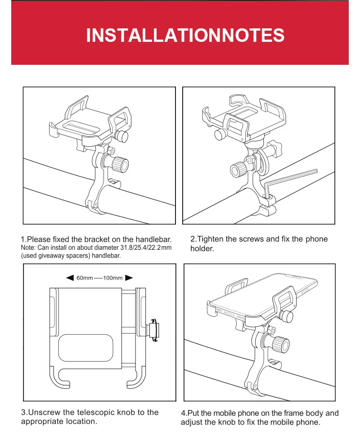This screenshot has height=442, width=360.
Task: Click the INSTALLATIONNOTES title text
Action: pyautogui.click(x=185, y=35)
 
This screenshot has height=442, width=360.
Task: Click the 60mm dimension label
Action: pyautogui.click(x=85, y=278)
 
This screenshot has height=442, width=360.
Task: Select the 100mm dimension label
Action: pyautogui.click(x=113, y=278)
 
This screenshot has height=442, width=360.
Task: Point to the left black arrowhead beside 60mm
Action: pyautogui.click(x=70, y=278)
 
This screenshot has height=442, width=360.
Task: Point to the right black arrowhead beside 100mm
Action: pyautogui.click(x=129, y=278)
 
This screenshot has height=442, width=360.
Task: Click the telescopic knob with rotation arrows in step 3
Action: pyautogui.click(x=153, y=330)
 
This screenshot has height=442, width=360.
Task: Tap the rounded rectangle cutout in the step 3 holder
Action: pyautogui.click(x=85, y=348)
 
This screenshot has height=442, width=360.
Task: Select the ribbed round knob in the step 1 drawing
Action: pyautogui.click(x=121, y=164)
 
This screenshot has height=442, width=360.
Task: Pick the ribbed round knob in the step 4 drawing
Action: pyautogui.click(x=281, y=344)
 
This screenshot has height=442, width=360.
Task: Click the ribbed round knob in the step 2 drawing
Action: pyautogui.click(x=238, y=170)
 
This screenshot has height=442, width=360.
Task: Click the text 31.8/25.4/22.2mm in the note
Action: pyautogui.click(x=146, y=248)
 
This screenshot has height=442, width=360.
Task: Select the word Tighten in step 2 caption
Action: pyautogui.click(x=210, y=239)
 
